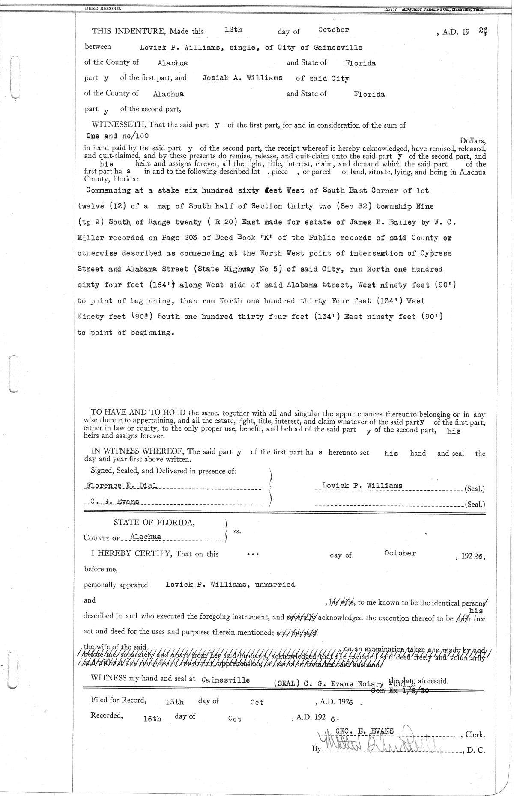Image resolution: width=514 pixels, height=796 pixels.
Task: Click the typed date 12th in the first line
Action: (x=233, y=30)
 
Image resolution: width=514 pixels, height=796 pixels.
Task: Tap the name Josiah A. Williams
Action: (x=242, y=78)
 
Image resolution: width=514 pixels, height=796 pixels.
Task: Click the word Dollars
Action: (x=472, y=140)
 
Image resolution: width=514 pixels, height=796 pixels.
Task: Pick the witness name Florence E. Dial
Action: (x=122, y=486)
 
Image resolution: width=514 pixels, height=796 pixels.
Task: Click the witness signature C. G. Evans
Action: (x=115, y=502)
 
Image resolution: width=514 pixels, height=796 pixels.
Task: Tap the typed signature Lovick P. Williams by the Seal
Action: (x=362, y=486)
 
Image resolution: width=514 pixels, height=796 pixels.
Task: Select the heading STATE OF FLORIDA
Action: (x=154, y=523)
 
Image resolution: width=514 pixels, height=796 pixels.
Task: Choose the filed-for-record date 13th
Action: (x=174, y=702)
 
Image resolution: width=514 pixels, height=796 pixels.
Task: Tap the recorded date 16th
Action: (x=152, y=719)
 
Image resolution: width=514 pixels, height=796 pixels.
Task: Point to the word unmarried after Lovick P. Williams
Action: (x=275, y=585)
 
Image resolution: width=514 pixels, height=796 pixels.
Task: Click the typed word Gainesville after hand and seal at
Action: (x=225, y=680)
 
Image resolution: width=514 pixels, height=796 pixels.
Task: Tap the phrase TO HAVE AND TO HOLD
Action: (x=138, y=413)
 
